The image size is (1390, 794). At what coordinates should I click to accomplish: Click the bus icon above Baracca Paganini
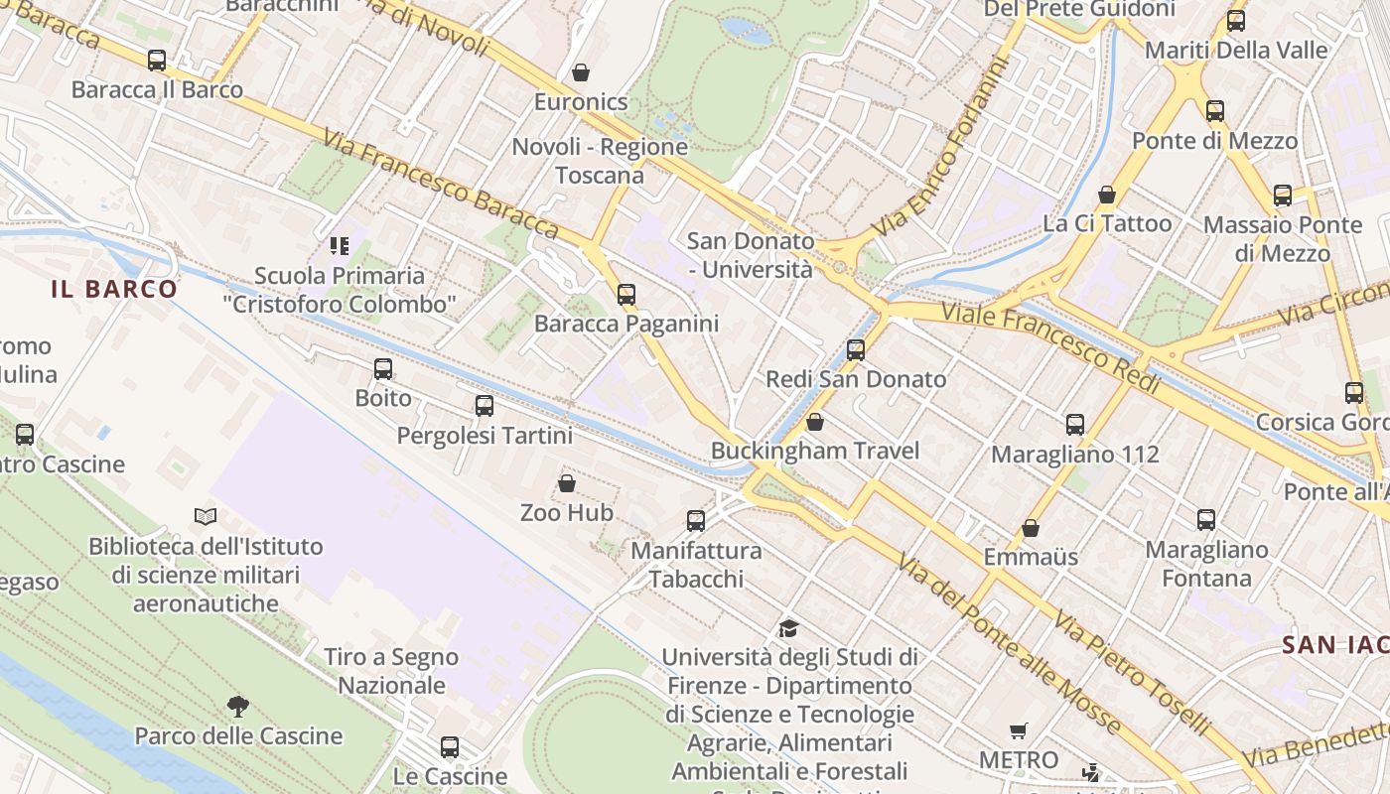[625, 295]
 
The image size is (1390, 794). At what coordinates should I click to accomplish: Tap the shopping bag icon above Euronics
[581, 72]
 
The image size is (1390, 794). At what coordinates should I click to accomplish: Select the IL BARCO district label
[114, 289]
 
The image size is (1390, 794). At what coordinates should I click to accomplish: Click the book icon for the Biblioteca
[206, 516]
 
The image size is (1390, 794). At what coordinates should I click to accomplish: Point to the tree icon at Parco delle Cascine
[237, 707]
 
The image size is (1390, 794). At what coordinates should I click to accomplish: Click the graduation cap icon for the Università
[788, 628]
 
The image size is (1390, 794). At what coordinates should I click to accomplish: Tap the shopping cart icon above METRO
[1018, 731]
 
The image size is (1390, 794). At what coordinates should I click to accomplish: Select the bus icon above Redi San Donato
[856, 350]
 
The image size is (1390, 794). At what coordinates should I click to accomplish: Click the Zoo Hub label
[567, 513]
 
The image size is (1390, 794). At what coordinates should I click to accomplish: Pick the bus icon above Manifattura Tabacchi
[696, 521]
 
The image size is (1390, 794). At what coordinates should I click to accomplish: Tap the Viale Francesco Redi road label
[1049, 347]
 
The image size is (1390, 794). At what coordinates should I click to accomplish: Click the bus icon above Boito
[383, 370]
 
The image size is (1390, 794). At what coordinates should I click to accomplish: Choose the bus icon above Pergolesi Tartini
[485, 406]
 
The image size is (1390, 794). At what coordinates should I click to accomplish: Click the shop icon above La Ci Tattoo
[1107, 195]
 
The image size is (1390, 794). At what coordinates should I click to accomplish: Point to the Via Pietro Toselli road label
[1131, 672]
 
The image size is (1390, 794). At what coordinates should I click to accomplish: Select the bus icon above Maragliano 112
[1075, 426]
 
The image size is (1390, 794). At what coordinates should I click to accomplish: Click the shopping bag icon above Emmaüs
[1031, 528]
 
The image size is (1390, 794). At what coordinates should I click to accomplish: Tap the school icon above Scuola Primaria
[340, 245]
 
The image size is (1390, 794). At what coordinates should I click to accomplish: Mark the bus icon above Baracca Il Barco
[157, 61]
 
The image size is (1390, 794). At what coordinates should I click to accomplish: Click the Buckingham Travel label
[815, 451]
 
